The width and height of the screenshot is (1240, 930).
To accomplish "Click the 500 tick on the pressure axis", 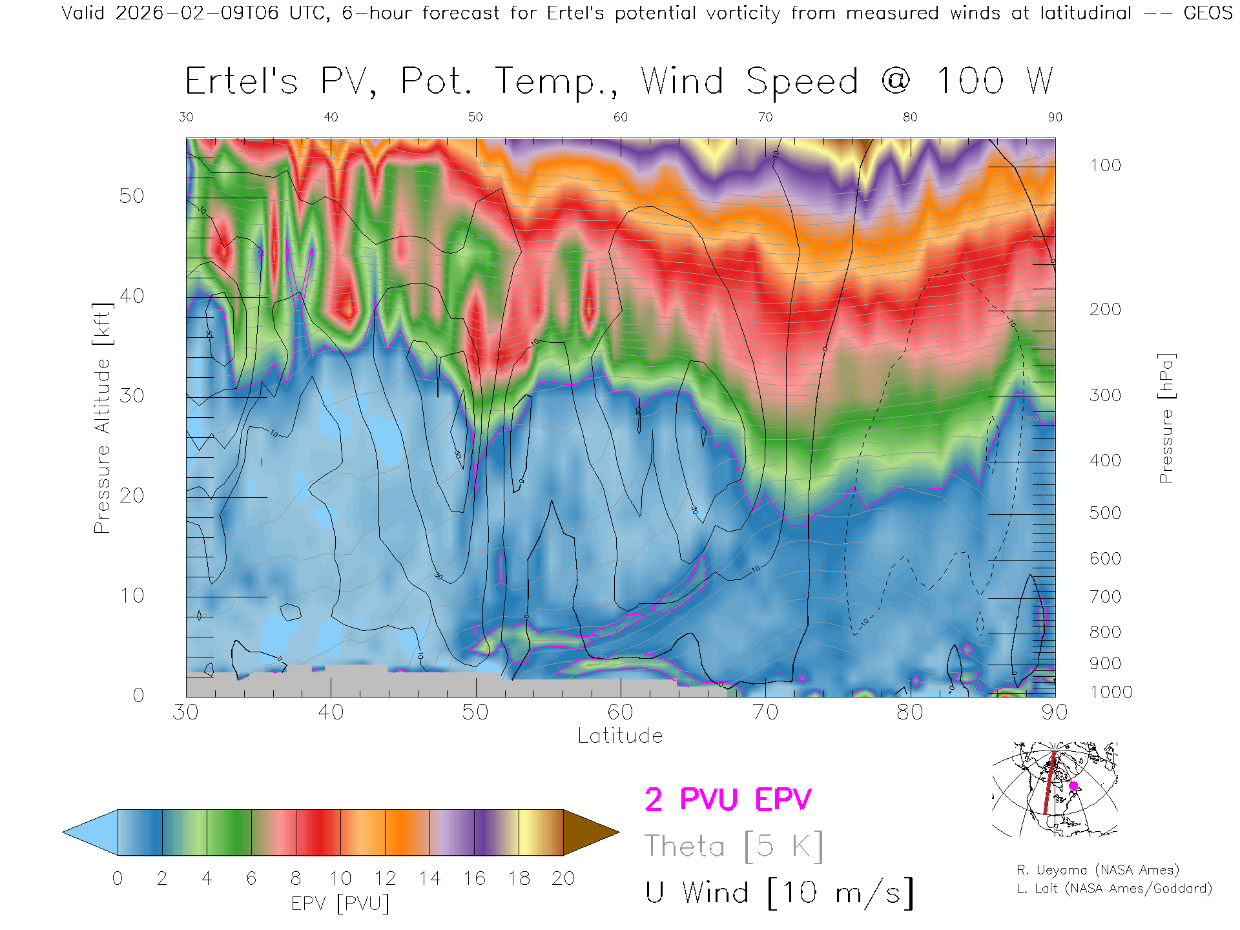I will coord(1105,513).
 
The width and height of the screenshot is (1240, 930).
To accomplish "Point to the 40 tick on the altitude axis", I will coord(131,296).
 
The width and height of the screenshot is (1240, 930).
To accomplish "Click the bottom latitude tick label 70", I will coord(765,712).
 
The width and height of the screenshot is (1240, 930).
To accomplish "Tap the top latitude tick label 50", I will coord(475,117).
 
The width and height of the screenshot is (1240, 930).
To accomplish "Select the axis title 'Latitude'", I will coord(620,736).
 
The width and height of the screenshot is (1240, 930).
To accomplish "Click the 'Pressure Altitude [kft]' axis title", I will coord(102,418).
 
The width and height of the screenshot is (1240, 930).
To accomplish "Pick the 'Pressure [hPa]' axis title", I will coord(1166,418).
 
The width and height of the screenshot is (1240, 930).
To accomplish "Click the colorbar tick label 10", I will coord(340,879).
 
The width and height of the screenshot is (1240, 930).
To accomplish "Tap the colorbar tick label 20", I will coord(563,879).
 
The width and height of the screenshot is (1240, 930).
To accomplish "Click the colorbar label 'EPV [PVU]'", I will coord(340,904).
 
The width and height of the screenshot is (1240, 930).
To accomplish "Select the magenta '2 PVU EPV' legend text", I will coord(728,800).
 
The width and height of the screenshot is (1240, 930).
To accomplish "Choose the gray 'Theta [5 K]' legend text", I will coord(734,847).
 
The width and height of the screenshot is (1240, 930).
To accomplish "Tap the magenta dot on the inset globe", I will coord(1073,786).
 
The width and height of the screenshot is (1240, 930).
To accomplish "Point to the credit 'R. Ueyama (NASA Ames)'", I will coord(1098,870).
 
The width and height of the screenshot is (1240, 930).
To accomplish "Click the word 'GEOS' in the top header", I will coord(1208,13).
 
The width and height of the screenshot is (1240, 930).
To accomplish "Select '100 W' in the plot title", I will coord(995,82).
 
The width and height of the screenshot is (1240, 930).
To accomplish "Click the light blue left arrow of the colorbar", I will coord(90,832).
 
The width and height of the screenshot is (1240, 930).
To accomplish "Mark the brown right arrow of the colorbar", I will coord(590,832).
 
